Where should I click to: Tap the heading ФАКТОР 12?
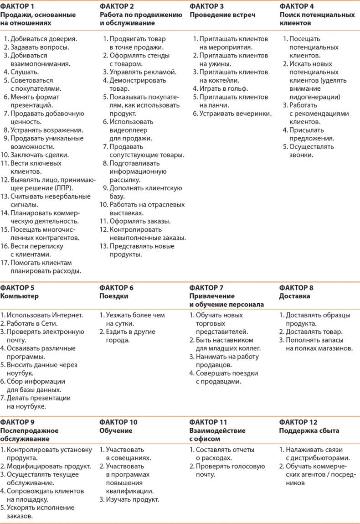pyautogui.click(x=298, y=422)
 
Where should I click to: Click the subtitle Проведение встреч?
pyautogui.click(x=222, y=15)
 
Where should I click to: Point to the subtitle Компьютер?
pyautogui.click(x=19, y=296)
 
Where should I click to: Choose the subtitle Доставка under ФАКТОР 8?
pyautogui.click(x=294, y=296)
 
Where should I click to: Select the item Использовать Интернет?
pyautogui.click(x=45, y=315)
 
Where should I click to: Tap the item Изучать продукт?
pyautogui.click(x=133, y=499)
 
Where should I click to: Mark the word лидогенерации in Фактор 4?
pyautogui.click(x=315, y=97)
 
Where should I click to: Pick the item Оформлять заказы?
pyautogui.click(x=134, y=221)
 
